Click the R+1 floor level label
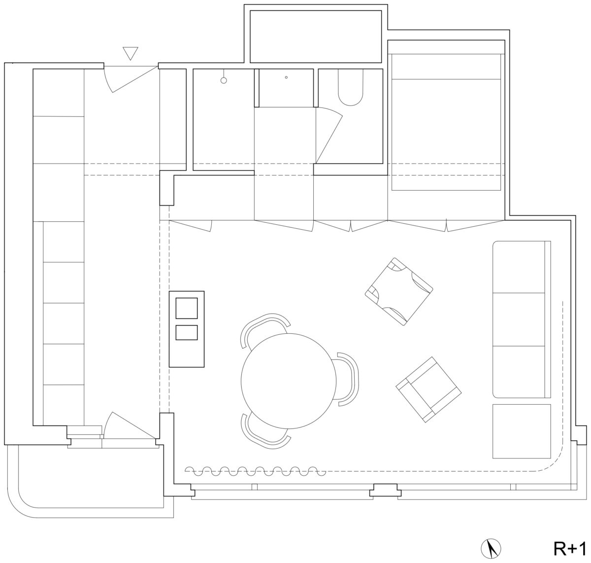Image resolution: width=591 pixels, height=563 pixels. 570,548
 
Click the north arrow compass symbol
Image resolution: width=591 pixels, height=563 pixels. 491,548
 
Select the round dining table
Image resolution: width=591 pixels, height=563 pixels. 288,381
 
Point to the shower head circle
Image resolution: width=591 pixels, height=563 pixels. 224,80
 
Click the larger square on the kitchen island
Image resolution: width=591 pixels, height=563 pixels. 186,308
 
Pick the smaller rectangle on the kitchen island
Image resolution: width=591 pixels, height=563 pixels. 186,332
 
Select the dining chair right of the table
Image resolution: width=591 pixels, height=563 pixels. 347,379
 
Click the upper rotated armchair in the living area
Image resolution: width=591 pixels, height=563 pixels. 399,291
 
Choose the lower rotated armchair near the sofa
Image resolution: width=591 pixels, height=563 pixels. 428,389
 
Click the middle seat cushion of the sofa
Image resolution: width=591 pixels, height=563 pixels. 519,319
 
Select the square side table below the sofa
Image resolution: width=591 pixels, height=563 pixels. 522,431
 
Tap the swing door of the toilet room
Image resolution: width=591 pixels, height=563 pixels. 329,136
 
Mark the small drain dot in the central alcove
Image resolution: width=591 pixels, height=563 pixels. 286,77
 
